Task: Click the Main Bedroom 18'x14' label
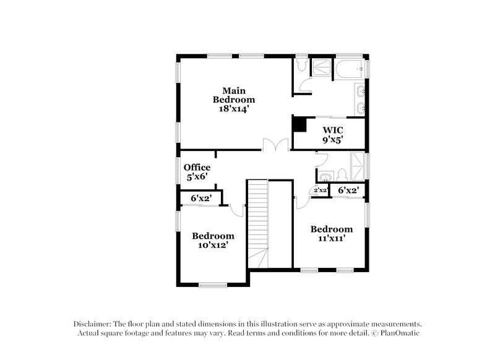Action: pyautogui.click(x=234, y=100)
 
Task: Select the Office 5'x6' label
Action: pyautogui.click(x=197, y=172)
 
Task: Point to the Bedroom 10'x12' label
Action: pyautogui.click(x=213, y=240)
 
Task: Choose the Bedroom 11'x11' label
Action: pyautogui.click(x=331, y=233)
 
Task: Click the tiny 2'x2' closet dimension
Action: pyautogui.click(x=320, y=191)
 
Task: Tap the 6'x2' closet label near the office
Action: pyautogui.click(x=200, y=199)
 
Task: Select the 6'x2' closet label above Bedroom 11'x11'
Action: pyautogui.click(x=348, y=191)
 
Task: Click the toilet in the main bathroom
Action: pyautogui.click(x=301, y=65)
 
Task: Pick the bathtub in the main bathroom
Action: pyautogui.click(x=350, y=69)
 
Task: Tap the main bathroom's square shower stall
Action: pyautogui.click(x=321, y=69)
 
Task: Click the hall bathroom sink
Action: pyautogui.click(x=325, y=178)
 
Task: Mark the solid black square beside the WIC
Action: pyautogui.click(x=299, y=124)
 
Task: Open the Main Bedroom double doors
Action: pyautogui.click(x=275, y=145)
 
